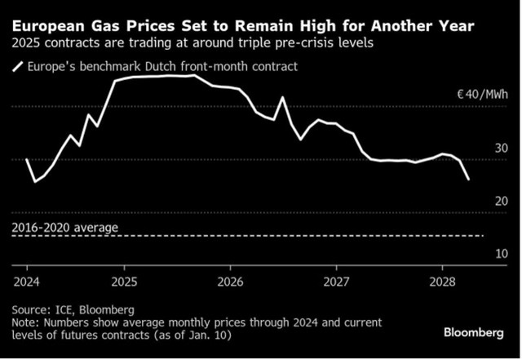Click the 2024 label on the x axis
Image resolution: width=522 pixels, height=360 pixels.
pos(26,282)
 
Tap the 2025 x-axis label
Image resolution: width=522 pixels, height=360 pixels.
pos(124,282)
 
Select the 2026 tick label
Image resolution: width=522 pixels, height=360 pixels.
pos(230,282)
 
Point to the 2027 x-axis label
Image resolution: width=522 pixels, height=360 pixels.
pos(336,282)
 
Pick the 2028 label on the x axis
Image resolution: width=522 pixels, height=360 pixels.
pos(442,282)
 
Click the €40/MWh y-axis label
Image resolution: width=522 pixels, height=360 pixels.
pos(483,95)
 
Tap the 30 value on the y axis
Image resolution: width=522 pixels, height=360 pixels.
pos(502,149)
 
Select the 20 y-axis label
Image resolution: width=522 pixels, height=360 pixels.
pos(502,201)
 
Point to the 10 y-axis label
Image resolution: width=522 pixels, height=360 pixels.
pos(502,254)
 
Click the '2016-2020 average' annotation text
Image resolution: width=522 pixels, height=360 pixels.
pos(65,228)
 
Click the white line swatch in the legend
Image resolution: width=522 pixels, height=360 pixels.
pos(18,67)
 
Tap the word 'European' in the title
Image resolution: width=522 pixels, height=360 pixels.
pos(49,26)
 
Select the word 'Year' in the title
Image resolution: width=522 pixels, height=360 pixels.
pos(455,26)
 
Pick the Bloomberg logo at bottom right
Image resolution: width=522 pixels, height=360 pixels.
pos(474,333)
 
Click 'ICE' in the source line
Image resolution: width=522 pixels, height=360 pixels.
pos(64,310)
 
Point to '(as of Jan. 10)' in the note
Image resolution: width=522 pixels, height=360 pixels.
pos(192,335)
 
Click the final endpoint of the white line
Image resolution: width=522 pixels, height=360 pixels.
pos(469,180)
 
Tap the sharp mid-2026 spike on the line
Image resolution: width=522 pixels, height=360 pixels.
pos(283,97)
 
